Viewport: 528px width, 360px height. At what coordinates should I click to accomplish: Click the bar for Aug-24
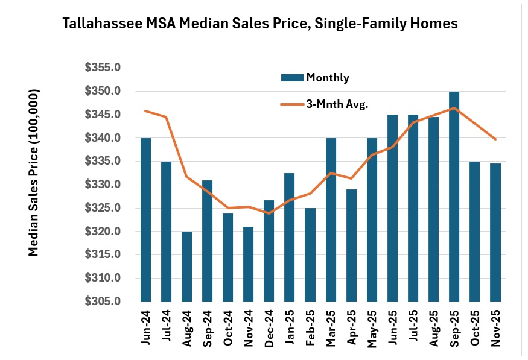186,267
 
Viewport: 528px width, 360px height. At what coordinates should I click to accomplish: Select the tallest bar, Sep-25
454,197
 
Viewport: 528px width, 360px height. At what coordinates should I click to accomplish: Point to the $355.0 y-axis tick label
104,68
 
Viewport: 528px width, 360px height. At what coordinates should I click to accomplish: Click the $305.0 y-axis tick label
104,302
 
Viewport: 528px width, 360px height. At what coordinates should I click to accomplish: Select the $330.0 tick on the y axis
104,185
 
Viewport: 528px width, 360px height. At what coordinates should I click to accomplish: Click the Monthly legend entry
316,77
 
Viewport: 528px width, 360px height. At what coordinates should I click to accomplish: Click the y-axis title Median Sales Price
34,172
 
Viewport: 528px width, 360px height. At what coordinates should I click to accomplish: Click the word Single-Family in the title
377,24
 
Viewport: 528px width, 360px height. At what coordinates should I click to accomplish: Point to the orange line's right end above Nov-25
495,139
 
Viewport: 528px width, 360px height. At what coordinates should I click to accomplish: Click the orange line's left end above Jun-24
145,111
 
